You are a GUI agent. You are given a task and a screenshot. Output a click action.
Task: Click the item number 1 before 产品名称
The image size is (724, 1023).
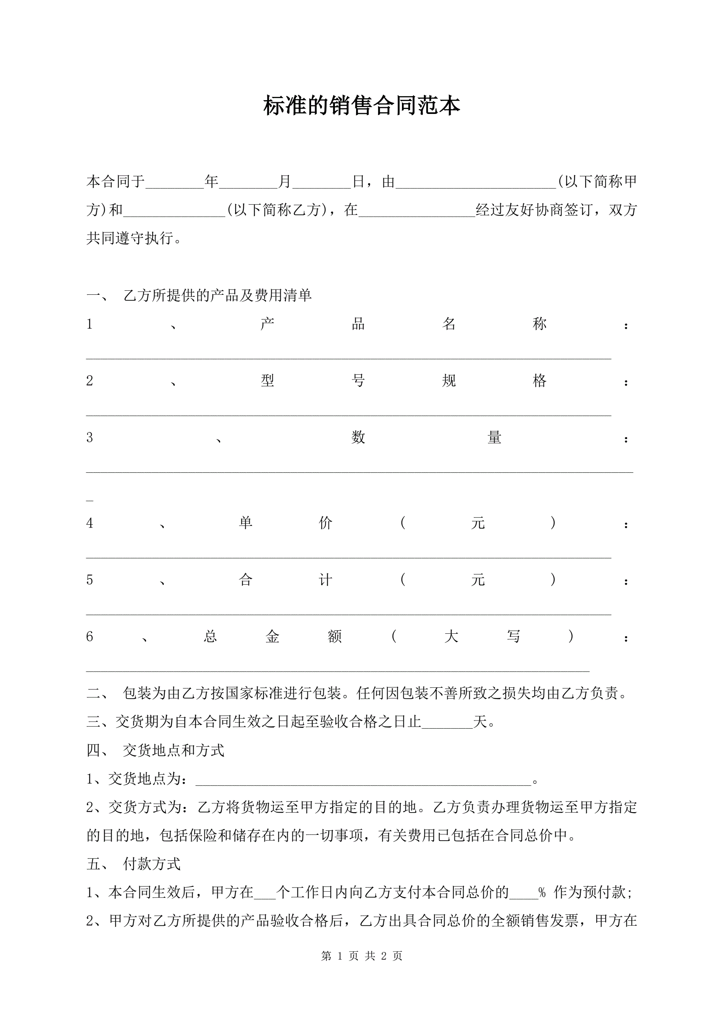pyautogui.click(x=90, y=324)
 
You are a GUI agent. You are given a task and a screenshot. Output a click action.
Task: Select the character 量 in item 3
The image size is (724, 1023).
pyautogui.click(x=494, y=438)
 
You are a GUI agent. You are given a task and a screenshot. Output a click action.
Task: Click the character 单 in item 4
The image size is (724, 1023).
pyautogui.click(x=246, y=523)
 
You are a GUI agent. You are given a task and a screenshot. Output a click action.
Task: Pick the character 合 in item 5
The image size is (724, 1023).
pyautogui.click(x=246, y=580)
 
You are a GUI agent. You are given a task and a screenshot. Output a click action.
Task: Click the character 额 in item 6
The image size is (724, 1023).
pyautogui.click(x=334, y=636)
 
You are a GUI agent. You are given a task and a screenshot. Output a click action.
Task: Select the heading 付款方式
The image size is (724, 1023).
pyautogui.click(x=152, y=864)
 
